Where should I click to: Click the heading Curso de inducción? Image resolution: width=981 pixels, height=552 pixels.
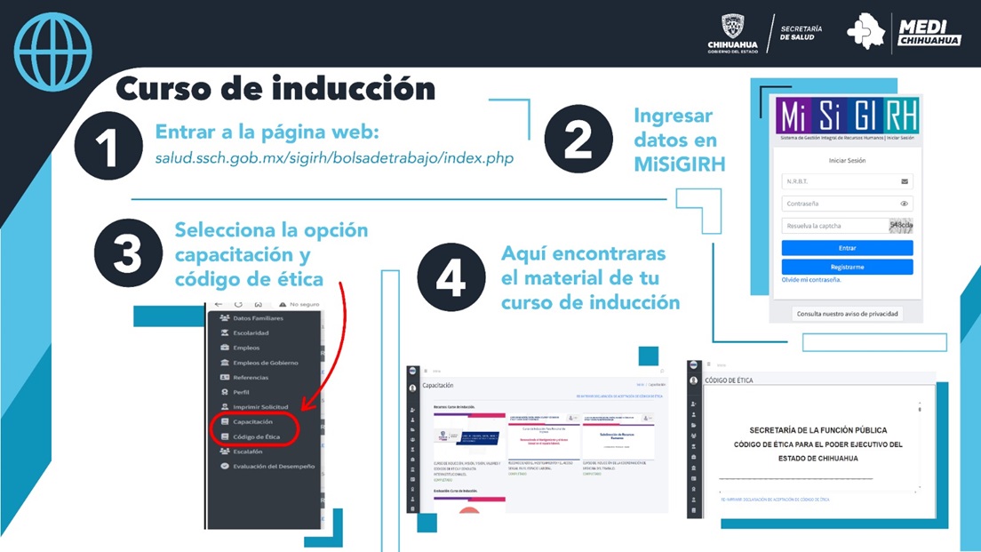[275, 89]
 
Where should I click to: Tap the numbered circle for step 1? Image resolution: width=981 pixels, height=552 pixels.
[108, 147]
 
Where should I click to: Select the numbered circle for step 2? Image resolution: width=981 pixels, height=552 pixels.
[578, 140]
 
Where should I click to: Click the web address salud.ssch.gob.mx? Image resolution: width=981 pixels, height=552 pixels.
[334, 157]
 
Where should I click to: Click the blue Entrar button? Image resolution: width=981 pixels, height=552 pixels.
[847, 248]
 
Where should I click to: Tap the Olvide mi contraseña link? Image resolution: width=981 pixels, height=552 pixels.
[810, 280]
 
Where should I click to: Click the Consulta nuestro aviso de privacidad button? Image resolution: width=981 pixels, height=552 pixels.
[847, 313]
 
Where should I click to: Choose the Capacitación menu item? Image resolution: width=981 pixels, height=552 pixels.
[252, 422]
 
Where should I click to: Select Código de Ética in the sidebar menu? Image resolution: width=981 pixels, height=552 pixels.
[256, 437]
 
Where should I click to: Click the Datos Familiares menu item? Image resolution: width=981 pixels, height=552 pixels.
[258, 318]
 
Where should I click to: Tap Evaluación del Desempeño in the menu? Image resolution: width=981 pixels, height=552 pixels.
[273, 467]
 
